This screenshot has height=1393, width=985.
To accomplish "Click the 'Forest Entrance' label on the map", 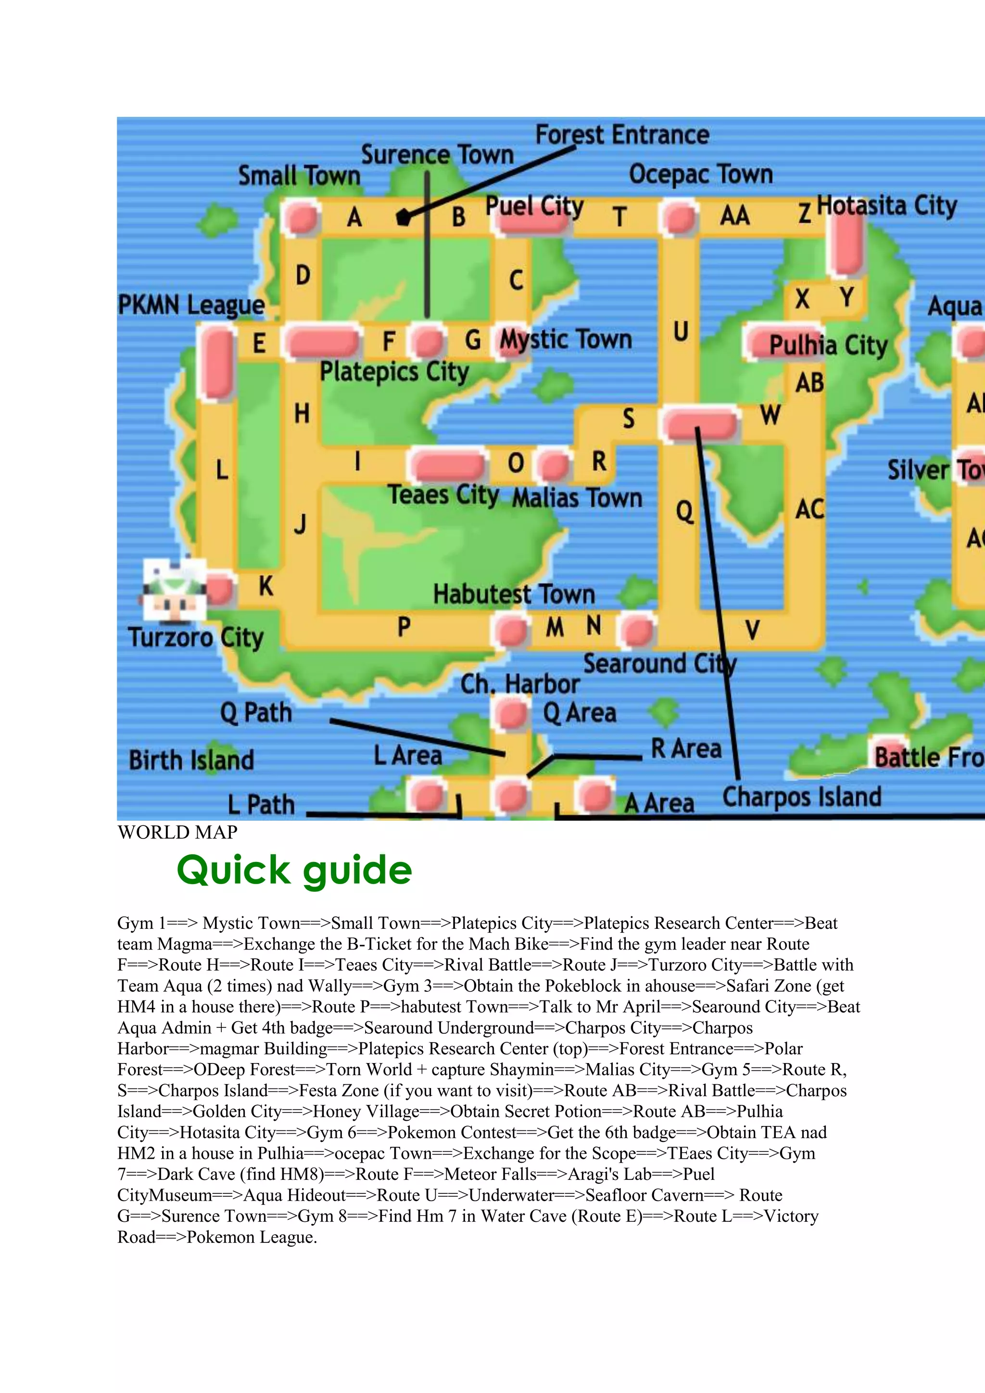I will [x=622, y=135].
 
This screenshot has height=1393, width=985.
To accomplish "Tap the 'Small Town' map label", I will [x=299, y=176].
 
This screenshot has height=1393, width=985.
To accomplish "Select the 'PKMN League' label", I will [x=191, y=305].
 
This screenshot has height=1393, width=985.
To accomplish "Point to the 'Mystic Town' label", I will [x=565, y=339].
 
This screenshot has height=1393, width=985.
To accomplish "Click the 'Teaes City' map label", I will [x=443, y=494].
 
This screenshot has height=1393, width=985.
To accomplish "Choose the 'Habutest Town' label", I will [x=514, y=594].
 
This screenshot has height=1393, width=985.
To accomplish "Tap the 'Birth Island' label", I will [x=191, y=760].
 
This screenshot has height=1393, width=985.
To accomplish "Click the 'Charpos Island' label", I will [x=801, y=797].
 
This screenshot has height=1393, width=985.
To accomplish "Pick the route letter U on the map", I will [x=681, y=332].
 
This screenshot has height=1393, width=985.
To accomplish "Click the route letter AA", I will [x=734, y=215].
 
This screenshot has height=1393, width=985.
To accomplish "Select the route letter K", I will [x=265, y=586].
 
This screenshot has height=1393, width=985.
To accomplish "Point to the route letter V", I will [x=752, y=630].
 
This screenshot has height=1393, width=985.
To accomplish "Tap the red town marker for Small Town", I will [x=302, y=217].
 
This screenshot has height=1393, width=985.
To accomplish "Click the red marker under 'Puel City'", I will [x=531, y=223].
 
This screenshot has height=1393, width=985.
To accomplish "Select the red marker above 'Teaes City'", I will [x=448, y=465].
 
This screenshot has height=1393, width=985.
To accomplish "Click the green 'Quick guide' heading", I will [x=294, y=870].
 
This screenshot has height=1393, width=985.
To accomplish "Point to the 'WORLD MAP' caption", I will [x=177, y=833].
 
